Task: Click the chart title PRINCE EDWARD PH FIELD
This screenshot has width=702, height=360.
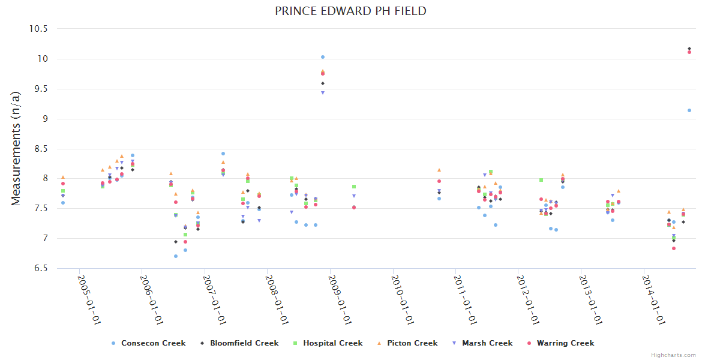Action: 351,11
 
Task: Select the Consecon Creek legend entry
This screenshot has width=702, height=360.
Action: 153,343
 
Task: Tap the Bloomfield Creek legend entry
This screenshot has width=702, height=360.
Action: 244,343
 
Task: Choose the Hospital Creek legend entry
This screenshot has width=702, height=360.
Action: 332,343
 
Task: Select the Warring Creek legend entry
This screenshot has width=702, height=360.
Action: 565,343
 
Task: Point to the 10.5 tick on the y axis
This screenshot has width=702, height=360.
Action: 42,29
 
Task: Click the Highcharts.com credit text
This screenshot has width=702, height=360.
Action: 674,355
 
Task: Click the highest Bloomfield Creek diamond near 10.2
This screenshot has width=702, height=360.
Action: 689,49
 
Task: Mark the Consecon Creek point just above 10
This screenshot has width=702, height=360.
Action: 323,57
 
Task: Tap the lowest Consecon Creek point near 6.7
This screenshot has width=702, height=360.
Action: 176,256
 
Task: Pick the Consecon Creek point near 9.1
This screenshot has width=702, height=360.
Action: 689,110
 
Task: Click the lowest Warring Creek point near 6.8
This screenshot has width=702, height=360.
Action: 674,248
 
